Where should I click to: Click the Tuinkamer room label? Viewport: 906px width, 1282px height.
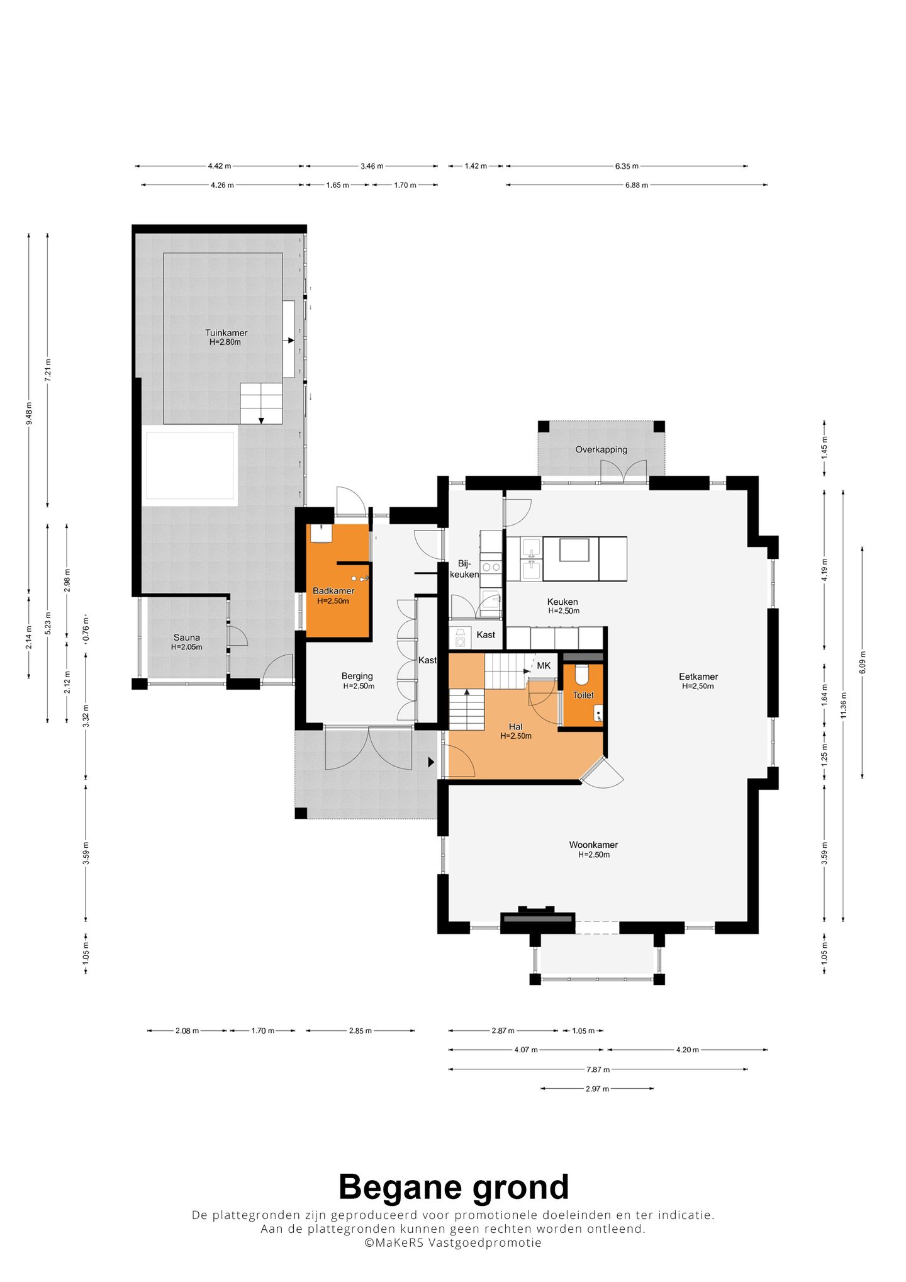pos(226,333)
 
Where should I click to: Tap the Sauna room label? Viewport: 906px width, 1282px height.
pos(187,638)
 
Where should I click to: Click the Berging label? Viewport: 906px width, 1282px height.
pos(357,676)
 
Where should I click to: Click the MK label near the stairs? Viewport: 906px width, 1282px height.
pos(544,665)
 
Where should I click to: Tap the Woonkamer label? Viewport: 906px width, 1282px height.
pos(593,845)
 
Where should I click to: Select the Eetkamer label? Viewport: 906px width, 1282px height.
pos(698,677)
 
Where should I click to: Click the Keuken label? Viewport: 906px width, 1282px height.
pos(562,602)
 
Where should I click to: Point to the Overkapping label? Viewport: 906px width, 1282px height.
pos(601,449)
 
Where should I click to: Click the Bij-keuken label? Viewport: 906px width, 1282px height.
pos(464,569)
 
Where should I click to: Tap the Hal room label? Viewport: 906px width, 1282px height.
pos(516,727)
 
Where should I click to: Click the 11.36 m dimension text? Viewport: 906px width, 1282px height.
pos(844,705)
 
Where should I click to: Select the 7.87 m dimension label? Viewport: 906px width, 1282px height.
pos(598,1069)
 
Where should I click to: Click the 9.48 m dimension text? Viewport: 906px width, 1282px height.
pos(29,413)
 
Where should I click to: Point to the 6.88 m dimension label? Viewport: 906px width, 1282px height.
pos(636,185)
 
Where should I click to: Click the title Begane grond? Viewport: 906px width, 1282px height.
pos(454,1188)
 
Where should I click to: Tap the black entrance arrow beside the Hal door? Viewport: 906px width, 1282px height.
pos(432,762)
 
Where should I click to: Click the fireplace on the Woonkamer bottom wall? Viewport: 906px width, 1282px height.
pos(537,919)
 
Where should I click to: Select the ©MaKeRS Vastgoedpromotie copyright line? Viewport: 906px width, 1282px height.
pos(453,1242)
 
